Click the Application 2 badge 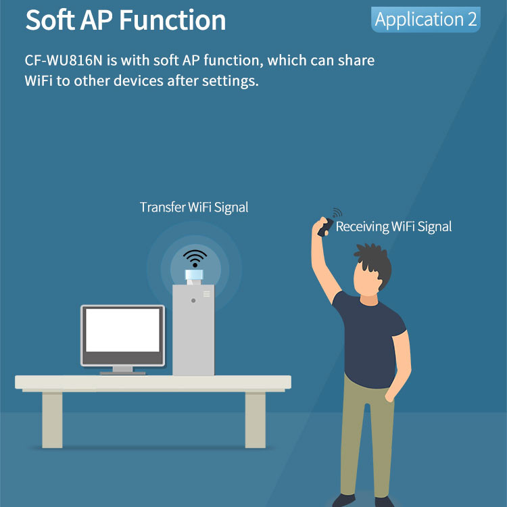[425, 20]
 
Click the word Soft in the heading [50, 20]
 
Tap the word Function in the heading [172, 20]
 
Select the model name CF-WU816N [64, 60]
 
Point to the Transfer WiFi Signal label [194, 208]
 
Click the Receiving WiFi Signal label [393, 226]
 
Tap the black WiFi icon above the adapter [195, 258]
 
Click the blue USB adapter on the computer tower [194, 276]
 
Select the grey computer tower [193, 330]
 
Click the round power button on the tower [193, 301]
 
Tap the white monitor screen [122, 330]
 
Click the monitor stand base [122, 373]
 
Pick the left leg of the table [52, 420]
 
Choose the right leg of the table [255, 420]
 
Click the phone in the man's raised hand [325, 227]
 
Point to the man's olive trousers [367, 437]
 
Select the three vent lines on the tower [207, 293]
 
